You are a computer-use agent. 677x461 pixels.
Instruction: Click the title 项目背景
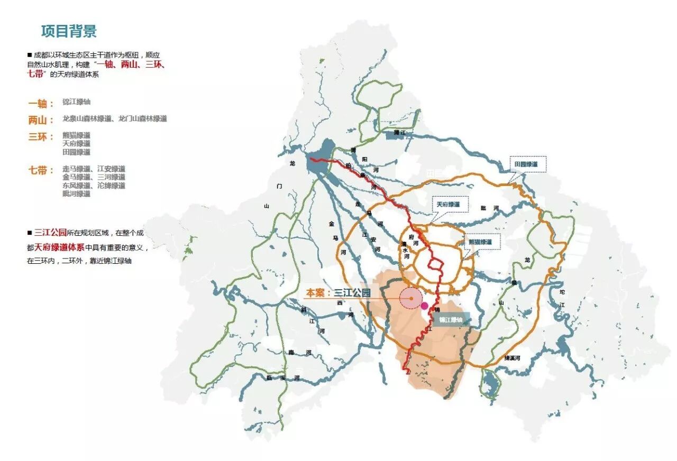[x=69, y=31]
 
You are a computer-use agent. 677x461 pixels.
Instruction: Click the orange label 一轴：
[x=41, y=104]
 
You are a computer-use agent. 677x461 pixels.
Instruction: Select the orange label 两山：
[x=41, y=120]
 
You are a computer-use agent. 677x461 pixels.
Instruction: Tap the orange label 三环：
[x=41, y=137]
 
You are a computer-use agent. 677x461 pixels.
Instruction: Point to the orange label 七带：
[x=41, y=170]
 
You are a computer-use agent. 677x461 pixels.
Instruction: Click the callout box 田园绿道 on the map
[x=527, y=165]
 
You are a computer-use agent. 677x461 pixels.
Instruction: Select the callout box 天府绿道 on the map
[x=445, y=204]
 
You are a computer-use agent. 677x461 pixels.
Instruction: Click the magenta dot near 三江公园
[x=424, y=306]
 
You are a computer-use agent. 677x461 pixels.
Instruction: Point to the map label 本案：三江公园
[x=337, y=293]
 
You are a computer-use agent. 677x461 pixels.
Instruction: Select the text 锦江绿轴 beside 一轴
[x=77, y=102]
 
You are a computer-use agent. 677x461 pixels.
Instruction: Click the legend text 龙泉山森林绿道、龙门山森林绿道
[x=115, y=119]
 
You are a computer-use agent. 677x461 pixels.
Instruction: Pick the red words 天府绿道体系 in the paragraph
[x=59, y=247]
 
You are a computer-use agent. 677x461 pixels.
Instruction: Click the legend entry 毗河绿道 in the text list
[x=76, y=194]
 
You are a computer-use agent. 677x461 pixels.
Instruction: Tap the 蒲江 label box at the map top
[x=400, y=134]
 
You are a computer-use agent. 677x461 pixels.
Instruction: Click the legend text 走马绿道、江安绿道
[x=94, y=169]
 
